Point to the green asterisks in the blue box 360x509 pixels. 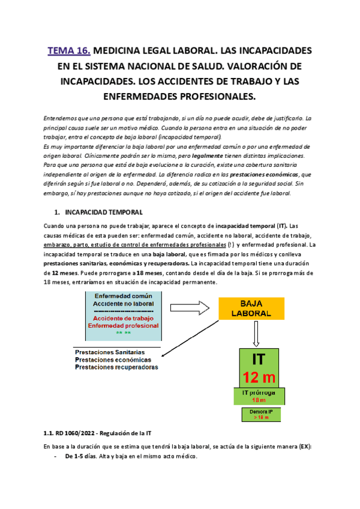[123, 332]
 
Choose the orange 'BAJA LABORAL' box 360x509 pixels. [251, 309]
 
